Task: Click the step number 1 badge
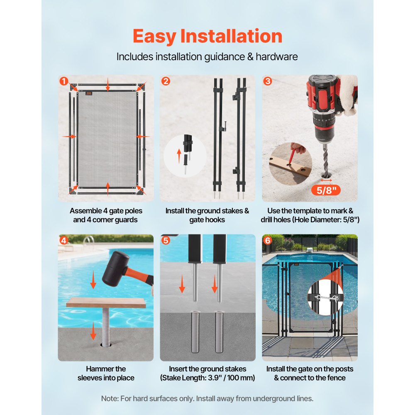(63, 81)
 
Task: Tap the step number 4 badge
(63, 241)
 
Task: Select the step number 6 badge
(268, 241)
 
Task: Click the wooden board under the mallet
(106, 302)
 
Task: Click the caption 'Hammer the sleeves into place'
(106, 373)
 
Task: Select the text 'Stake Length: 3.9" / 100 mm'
(207, 378)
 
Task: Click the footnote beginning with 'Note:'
(207, 398)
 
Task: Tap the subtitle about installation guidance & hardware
(207, 56)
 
